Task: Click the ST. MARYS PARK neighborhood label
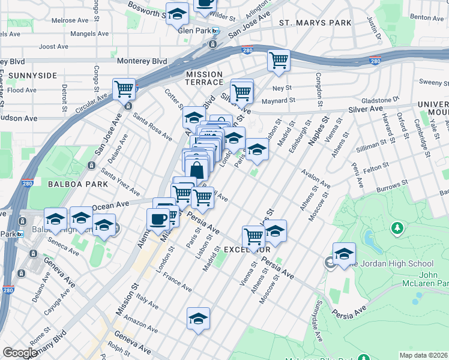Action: point(315,23)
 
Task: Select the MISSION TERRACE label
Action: point(204,79)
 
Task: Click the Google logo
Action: point(20,353)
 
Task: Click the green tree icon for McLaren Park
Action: point(397,228)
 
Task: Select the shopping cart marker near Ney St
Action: point(279,60)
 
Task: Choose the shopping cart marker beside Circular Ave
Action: point(124,89)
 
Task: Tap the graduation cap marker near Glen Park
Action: point(176,14)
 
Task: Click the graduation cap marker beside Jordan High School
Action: point(344,253)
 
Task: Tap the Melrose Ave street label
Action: point(70,20)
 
